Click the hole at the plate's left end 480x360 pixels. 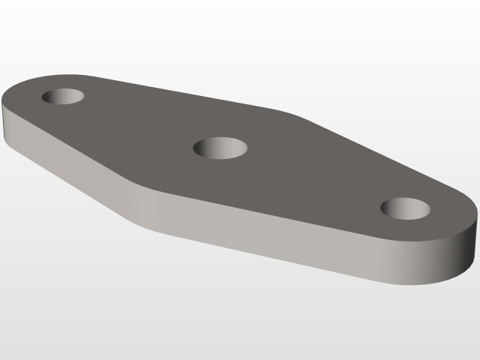coord(62,96)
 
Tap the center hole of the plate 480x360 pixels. coord(220,148)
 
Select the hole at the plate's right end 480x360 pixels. coord(405,208)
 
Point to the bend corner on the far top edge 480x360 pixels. coord(289,112)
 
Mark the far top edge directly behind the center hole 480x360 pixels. coord(225,102)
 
